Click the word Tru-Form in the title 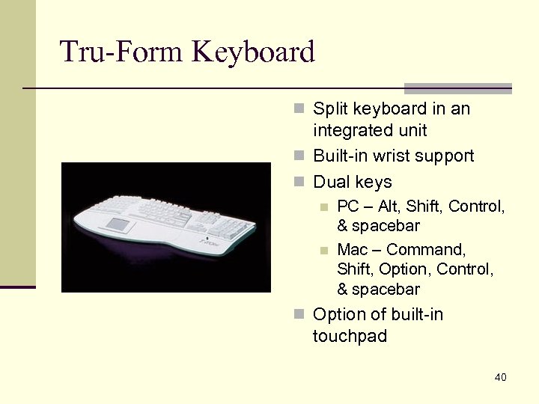(121, 52)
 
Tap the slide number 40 (500, 377)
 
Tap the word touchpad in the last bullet (350, 337)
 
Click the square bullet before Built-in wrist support (299, 156)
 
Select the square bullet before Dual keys (299, 182)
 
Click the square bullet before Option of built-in (299, 314)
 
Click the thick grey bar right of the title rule (457, 88)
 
